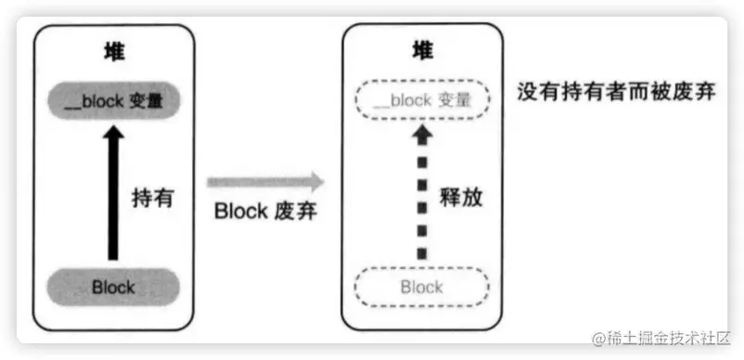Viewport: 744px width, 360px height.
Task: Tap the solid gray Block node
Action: tap(113, 287)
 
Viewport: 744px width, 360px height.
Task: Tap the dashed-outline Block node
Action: tap(421, 287)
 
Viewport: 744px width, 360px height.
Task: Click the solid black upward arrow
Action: tap(113, 195)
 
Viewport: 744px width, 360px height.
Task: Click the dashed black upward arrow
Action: tap(422, 195)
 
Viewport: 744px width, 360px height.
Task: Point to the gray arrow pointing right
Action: tap(264, 181)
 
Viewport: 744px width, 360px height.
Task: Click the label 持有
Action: tap(153, 198)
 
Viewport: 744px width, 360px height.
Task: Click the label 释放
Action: tap(461, 198)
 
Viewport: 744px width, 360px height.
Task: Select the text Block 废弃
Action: tap(265, 211)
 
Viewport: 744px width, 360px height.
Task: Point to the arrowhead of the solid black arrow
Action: tap(113, 136)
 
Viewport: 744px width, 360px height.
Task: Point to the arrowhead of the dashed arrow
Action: tap(422, 135)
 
